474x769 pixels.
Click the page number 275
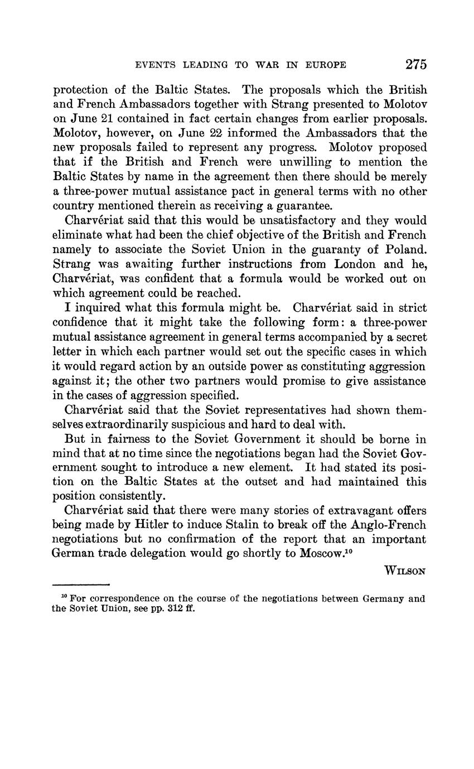point(416,64)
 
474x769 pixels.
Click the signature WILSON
point(405,570)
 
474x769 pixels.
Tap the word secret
point(408,337)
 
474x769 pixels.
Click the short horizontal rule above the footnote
point(80,585)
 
